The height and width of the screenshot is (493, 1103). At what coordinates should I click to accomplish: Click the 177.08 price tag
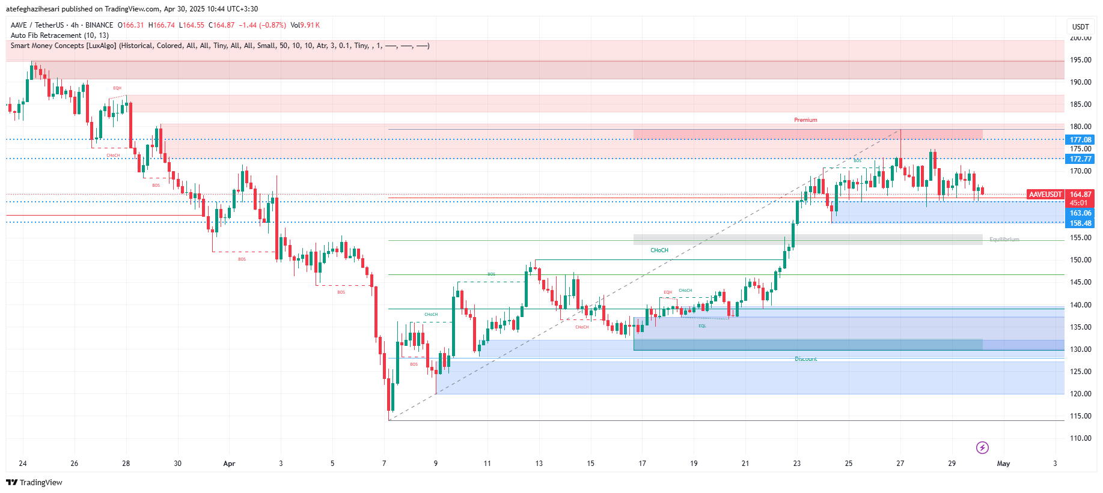click(x=1080, y=140)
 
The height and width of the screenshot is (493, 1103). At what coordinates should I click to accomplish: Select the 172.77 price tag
click(x=1080, y=159)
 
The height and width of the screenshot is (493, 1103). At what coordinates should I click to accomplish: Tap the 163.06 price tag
click(x=1080, y=213)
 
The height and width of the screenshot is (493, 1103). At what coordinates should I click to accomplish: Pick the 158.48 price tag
click(x=1080, y=223)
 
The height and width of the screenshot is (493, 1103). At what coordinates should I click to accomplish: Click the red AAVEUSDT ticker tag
click(x=1045, y=195)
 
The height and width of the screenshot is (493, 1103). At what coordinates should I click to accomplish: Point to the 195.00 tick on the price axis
click(x=1080, y=60)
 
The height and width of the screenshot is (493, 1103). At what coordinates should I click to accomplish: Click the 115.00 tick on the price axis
click(x=1080, y=416)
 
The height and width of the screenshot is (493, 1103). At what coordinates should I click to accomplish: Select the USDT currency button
click(x=1080, y=27)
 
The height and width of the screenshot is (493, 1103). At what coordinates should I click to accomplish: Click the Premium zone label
click(x=805, y=120)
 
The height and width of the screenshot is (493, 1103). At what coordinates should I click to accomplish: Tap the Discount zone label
click(x=805, y=359)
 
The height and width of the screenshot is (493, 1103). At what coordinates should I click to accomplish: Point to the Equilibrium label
click(x=1004, y=240)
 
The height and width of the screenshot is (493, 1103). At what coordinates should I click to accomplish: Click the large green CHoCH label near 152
click(x=659, y=250)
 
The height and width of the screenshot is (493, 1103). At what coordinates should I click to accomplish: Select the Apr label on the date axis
click(x=229, y=464)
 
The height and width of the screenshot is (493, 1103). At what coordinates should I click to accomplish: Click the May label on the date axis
click(x=1003, y=464)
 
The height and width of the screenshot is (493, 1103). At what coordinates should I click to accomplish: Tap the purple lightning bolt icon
click(x=982, y=447)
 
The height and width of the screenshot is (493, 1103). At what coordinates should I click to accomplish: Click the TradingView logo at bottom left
click(x=34, y=483)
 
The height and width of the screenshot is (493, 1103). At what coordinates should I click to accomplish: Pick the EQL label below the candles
click(x=702, y=326)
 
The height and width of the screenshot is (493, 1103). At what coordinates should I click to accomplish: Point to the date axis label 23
click(x=796, y=464)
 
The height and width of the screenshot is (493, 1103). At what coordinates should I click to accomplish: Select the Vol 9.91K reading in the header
click(x=305, y=25)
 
